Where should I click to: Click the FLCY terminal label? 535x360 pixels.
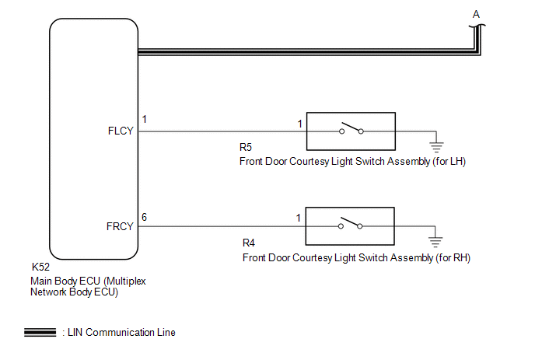pos(121,131)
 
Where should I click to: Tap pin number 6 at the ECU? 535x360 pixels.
pos(145,217)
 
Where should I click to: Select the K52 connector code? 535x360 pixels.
pos(40,266)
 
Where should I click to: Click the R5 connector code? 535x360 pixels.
pos(246,148)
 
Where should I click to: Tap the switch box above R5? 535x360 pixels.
pos(351,131)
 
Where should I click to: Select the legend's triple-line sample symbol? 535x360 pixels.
pos(40,333)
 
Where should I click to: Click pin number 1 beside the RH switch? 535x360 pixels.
pos(299,218)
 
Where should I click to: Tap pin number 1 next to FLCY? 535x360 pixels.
pos(145,121)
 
